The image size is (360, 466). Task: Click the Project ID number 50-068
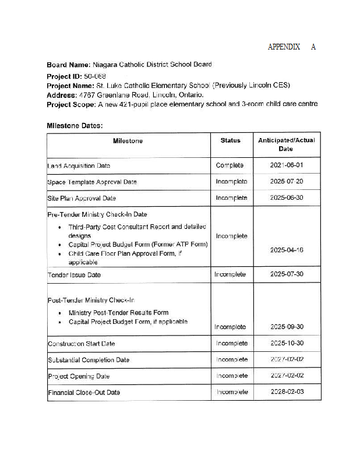click(95, 76)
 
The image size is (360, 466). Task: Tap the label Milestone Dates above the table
click(75, 125)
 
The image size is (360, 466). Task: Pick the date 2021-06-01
click(287, 165)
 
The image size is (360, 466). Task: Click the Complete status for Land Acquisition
click(230, 165)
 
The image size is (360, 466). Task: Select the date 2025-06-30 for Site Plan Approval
click(287, 198)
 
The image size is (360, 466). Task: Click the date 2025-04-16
click(287, 250)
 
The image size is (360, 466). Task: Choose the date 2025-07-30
click(287, 274)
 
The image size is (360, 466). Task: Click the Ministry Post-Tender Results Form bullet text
click(118, 313)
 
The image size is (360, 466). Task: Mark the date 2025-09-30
click(287, 327)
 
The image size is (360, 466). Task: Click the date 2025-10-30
click(287, 343)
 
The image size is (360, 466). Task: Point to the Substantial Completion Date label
click(89, 360)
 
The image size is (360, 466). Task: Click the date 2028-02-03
click(287, 392)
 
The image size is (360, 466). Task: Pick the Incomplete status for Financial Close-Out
click(232, 392)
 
